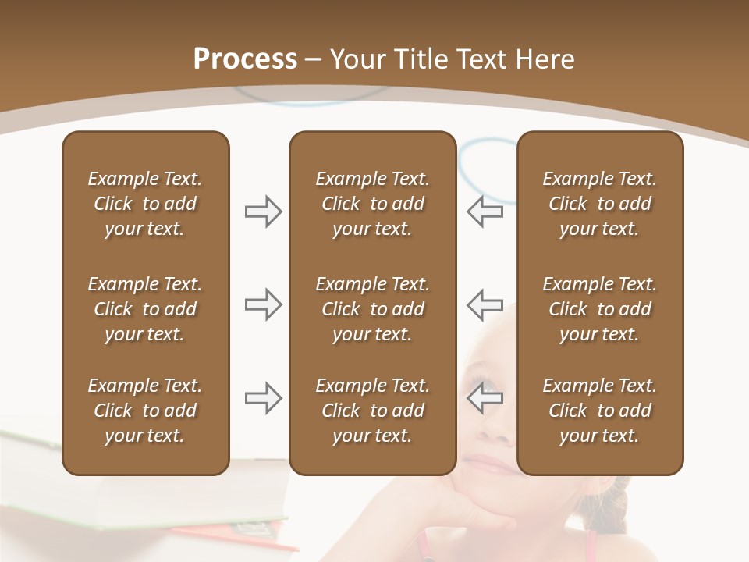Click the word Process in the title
[x=245, y=59]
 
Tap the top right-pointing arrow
[x=264, y=212]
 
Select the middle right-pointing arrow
[x=264, y=304]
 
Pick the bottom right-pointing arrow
[x=264, y=398]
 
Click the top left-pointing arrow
[x=485, y=212]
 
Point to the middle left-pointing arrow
[x=485, y=304]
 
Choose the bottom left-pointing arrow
[x=485, y=398]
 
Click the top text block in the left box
[x=145, y=204]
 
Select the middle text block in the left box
[x=145, y=309]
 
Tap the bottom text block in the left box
[x=145, y=411]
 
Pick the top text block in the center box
[x=372, y=204]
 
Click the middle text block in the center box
[x=372, y=309]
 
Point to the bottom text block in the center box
[x=372, y=411]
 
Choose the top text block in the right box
[x=600, y=204]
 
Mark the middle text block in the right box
[x=600, y=309]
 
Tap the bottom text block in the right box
[x=600, y=411]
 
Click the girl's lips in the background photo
[x=490, y=466]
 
